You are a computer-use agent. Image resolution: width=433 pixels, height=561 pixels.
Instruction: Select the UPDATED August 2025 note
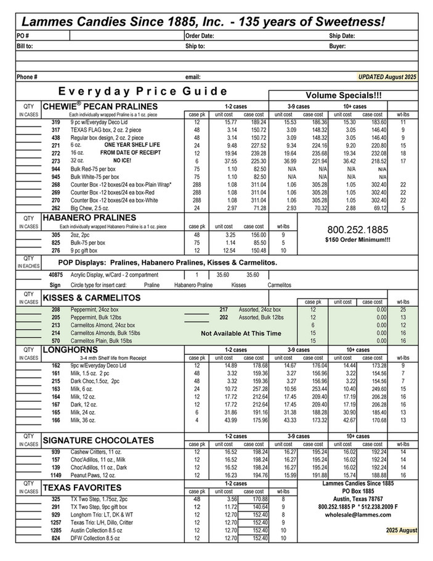[388, 77]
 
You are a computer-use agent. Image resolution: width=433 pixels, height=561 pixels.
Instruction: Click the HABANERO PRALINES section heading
[89, 218]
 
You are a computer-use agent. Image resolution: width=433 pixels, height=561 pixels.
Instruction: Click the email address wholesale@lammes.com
[353, 515]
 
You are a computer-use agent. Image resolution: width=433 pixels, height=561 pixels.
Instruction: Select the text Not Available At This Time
[241, 333]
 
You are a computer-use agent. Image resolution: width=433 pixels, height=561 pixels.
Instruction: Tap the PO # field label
[23, 36]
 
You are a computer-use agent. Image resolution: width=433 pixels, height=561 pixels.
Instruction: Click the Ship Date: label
[342, 36]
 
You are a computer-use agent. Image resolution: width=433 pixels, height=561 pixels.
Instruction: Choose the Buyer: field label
[338, 46]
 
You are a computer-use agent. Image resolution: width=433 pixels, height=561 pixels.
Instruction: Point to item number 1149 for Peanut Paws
[55, 475]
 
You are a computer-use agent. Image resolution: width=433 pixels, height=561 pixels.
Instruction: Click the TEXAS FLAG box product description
[94, 130]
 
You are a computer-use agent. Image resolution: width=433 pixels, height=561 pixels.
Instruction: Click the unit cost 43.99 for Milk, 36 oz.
[222, 421]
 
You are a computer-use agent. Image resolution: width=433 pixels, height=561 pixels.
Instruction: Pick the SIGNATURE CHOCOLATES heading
[98, 441]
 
